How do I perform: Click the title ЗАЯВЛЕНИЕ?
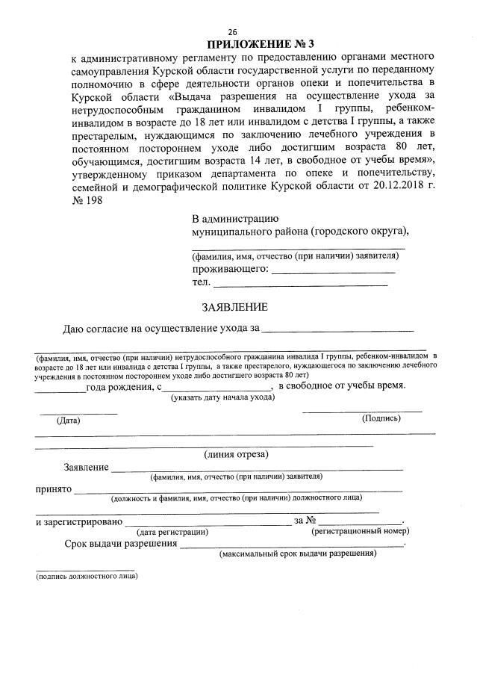(234, 307)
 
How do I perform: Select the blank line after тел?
(301, 283)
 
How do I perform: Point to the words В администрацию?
(235, 219)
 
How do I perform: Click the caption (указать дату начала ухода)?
(222, 397)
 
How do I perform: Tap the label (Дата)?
(68, 421)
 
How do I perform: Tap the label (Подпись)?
(381, 418)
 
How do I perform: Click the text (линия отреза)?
(236, 454)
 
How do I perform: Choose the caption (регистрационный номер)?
(361, 532)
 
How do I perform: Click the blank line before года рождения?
(60, 388)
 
